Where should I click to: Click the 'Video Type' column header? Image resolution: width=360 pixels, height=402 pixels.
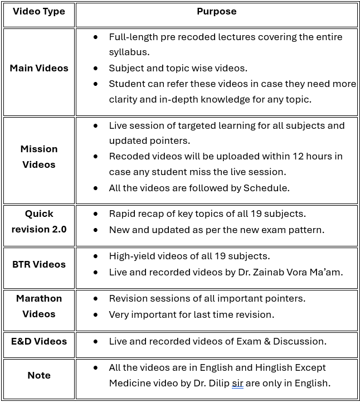click(x=39, y=12)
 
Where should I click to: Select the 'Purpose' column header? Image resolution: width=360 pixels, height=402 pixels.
click(x=216, y=11)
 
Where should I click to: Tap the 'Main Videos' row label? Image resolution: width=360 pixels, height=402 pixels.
click(x=39, y=68)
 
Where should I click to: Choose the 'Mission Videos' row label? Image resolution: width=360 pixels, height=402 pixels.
click(x=39, y=157)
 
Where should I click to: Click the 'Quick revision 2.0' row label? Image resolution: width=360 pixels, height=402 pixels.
click(x=39, y=221)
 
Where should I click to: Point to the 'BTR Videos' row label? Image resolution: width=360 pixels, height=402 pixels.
click(x=39, y=264)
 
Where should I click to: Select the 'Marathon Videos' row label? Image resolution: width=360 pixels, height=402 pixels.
click(x=39, y=306)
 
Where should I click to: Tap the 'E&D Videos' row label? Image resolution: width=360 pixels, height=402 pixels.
click(x=39, y=341)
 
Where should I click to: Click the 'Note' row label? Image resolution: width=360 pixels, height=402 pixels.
click(x=39, y=375)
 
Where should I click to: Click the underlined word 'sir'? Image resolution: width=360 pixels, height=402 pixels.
click(x=237, y=384)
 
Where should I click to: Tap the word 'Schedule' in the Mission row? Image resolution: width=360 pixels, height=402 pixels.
click(x=266, y=188)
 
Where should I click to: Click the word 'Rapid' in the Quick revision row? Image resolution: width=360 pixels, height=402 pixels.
click(x=122, y=214)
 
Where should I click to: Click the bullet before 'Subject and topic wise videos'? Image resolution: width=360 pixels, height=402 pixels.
click(x=96, y=68)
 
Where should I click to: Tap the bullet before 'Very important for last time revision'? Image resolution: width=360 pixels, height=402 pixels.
click(x=96, y=314)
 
